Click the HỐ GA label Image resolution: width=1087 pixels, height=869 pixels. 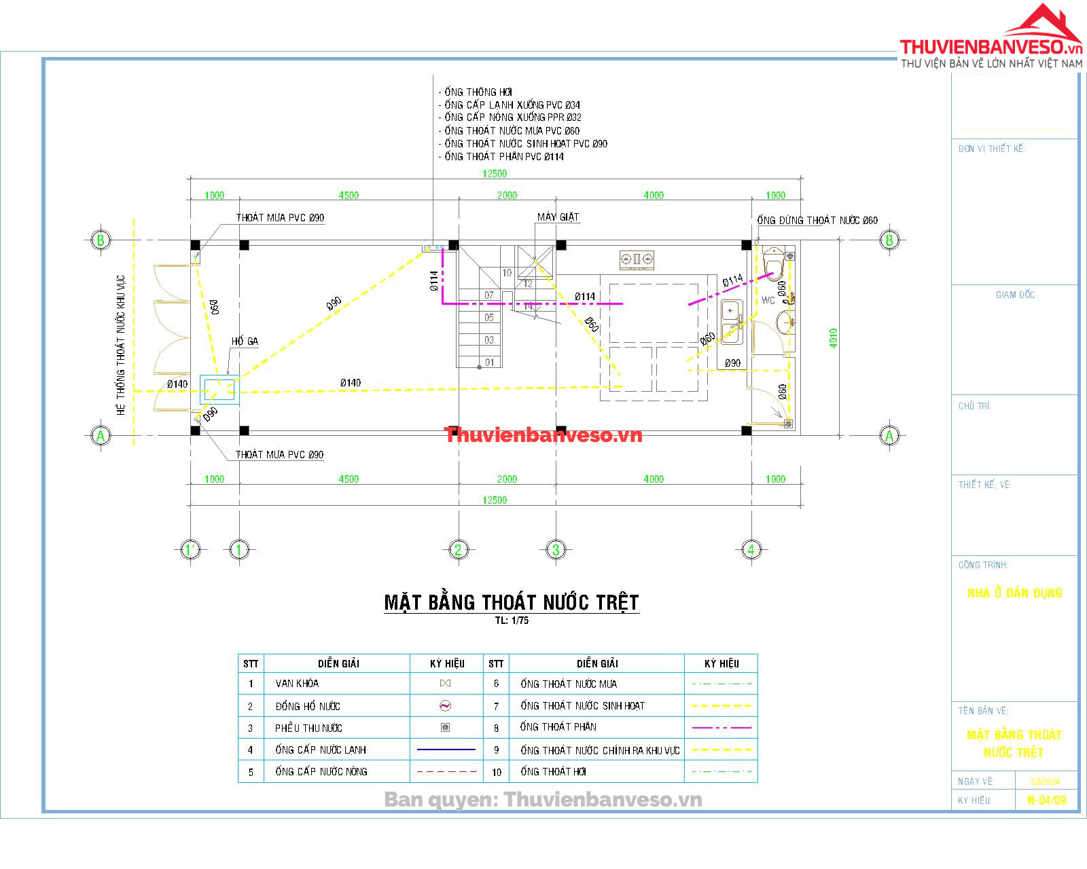pyautogui.click(x=245, y=341)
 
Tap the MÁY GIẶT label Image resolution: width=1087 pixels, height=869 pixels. pyautogui.click(x=558, y=217)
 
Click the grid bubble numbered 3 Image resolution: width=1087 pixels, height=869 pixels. pyautogui.click(x=556, y=549)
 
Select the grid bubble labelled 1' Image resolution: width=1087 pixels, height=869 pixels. pyautogui.click(x=190, y=549)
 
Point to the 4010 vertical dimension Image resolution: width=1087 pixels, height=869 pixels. pyautogui.click(x=834, y=338)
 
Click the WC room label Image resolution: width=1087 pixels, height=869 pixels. pyautogui.click(x=768, y=300)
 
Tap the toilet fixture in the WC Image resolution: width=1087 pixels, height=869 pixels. pyautogui.click(x=773, y=264)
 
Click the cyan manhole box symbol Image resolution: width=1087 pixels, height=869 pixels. pyautogui.click(x=219, y=390)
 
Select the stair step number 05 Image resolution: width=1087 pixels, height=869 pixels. pyautogui.click(x=489, y=318)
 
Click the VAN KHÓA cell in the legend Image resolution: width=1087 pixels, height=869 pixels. pyautogui.click(x=297, y=684)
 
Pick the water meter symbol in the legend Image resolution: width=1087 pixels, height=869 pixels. pyautogui.click(x=446, y=706)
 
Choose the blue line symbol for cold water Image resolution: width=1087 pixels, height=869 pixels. pyautogui.click(x=446, y=750)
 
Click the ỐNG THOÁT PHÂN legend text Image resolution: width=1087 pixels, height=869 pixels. pyautogui.click(x=558, y=727)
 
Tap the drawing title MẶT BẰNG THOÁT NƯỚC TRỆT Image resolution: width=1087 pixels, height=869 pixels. pyautogui.click(x=512, y=602)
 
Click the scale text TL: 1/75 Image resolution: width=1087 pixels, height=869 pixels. pyautogui.click(x=512, y=621)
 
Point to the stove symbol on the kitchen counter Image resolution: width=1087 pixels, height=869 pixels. pyautogui.click(x=637, y=259)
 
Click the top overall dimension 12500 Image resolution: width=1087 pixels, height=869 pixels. pyautogui.click(x=495, y=174)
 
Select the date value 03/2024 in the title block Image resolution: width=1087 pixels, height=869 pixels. pyautogui.click(x=1046, y=781)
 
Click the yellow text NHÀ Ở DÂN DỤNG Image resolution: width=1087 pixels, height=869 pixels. pyautogui.click(x=1014, y=593)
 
